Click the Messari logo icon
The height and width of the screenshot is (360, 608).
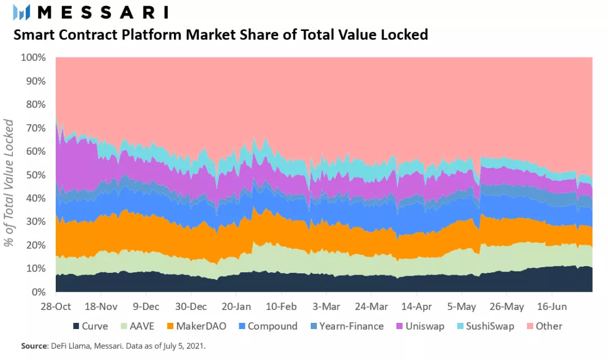(x=21, y=12)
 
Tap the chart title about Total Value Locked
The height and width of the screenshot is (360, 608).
(x=221, y=35)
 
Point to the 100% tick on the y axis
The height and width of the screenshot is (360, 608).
(x=33, y=57)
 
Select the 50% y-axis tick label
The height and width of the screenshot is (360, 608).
(x=35, y=175)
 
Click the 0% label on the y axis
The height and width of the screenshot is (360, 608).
(x=38, y=292)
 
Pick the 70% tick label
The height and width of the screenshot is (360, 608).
(x=35, y=128)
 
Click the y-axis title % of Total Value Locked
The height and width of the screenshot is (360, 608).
(x=9, y=183)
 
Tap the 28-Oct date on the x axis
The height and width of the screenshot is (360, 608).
(x=55, y=307)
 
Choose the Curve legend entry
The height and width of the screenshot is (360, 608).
(x=90, y=326)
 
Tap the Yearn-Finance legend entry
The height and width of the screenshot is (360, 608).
(x=345, y=326)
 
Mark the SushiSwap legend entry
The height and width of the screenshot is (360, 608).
(x=484, y=326)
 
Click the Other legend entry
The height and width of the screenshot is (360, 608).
(x=544, y=326)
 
